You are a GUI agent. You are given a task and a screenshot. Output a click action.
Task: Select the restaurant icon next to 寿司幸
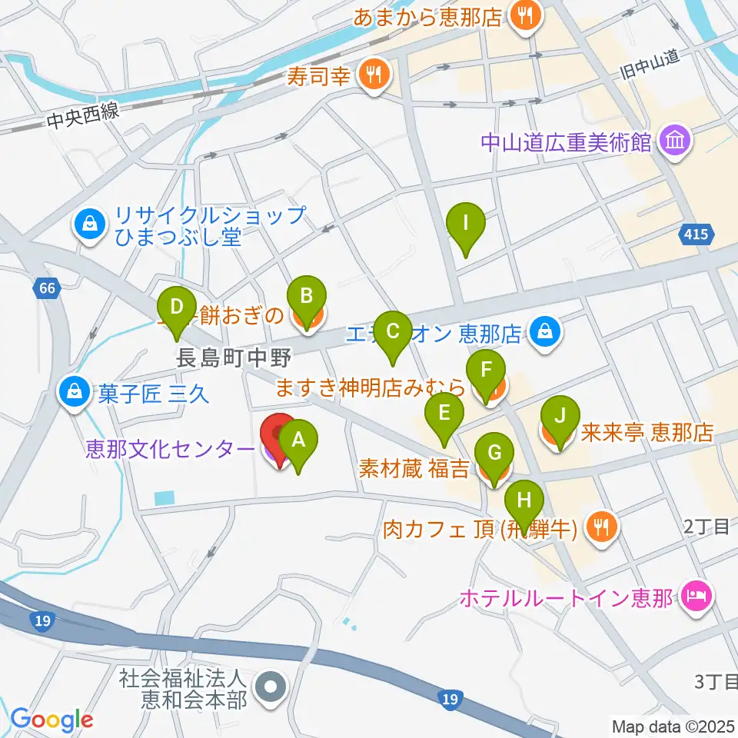375,75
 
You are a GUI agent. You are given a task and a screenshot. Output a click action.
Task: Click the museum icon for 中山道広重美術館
676,141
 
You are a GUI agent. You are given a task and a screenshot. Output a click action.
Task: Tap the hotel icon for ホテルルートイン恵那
698,595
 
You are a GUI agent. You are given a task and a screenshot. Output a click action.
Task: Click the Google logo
52,720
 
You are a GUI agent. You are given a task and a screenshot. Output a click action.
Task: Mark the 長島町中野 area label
222,358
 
